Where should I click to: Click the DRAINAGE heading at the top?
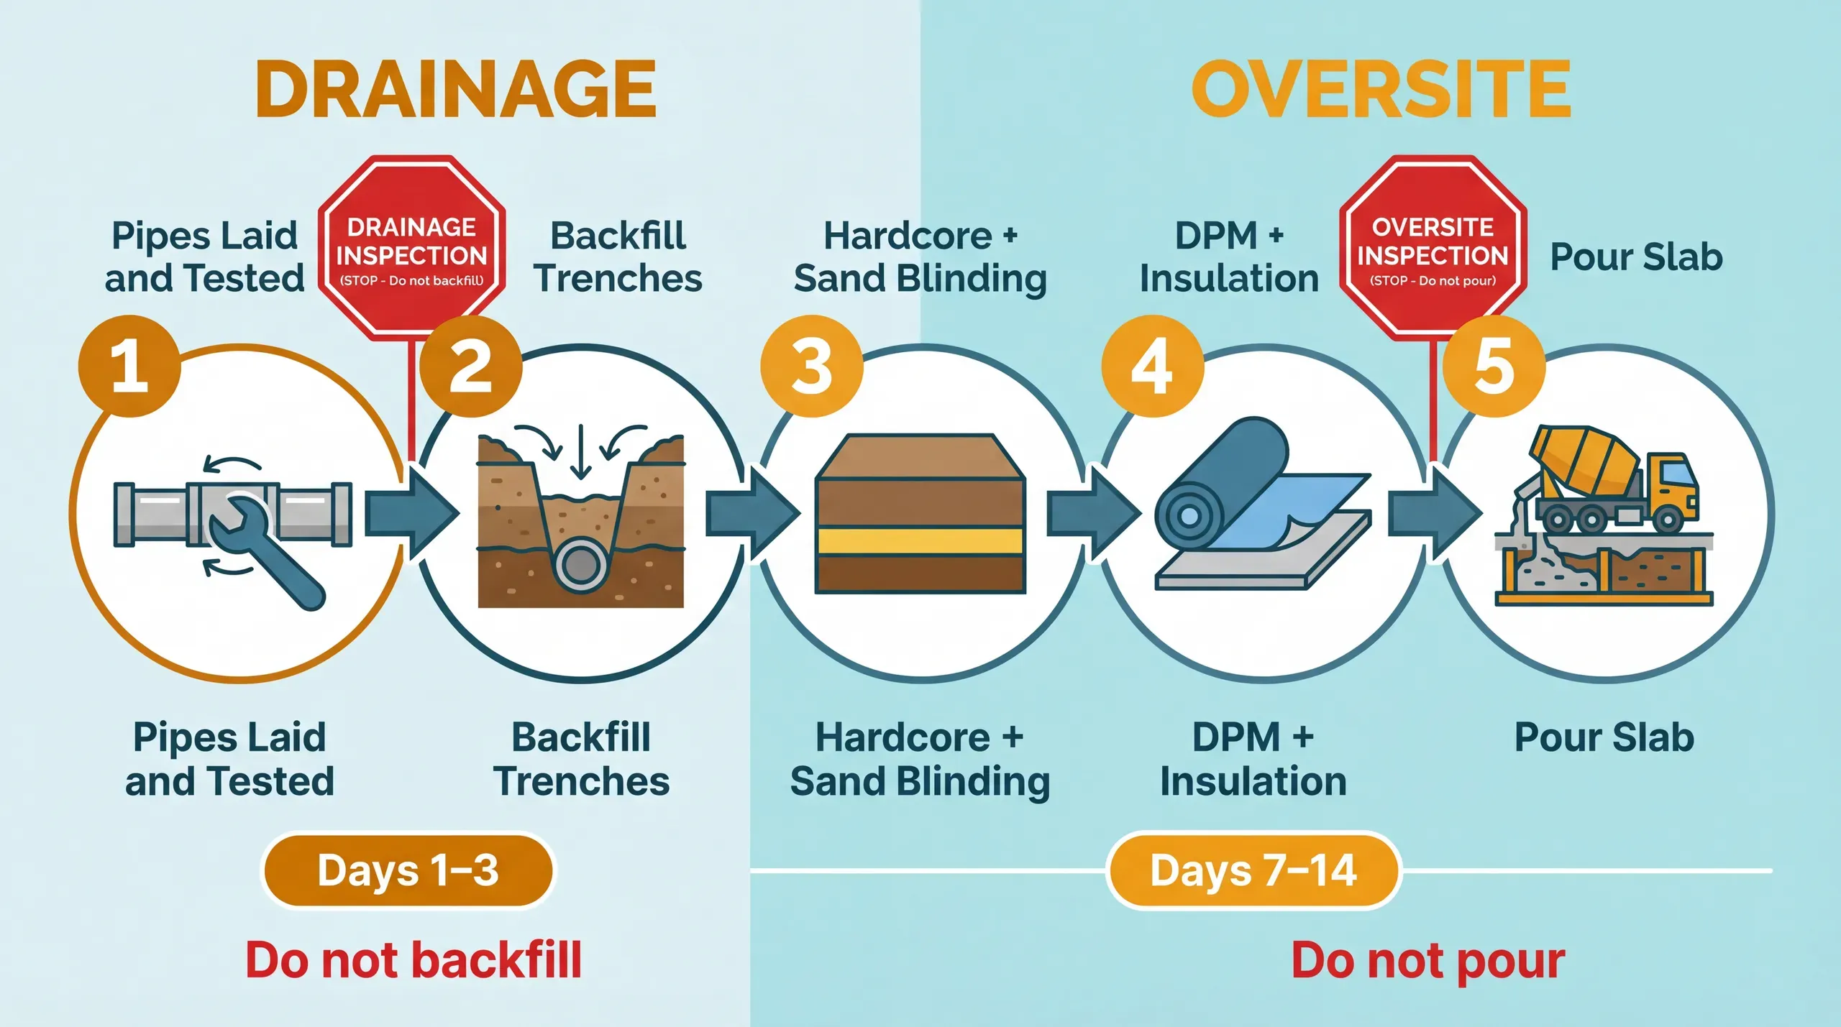click(x=455, y=89)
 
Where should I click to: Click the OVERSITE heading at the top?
click(x=1381, y=89)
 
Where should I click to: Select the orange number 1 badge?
click(x=129, y=366)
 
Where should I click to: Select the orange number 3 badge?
click(x=811, y=366)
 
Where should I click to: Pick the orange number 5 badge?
click(x=1494, y=366)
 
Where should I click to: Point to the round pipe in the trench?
click(x=580, y=565)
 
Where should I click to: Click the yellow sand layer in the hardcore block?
click(x=920, y=541)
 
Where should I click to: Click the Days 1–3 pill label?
click(x=408, y=870)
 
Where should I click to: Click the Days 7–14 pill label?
click(x=1253, y=870)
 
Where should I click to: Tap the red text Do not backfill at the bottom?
click(x=414, y=960)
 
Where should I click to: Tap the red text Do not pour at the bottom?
click(x=1427, y=960)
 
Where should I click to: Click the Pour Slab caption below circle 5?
click(x=1604, y=738)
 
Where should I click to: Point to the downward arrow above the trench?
click(x=580, y=453)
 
